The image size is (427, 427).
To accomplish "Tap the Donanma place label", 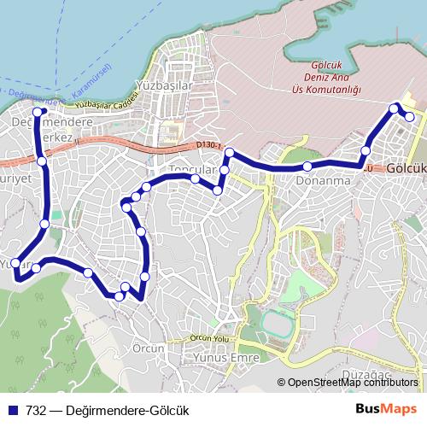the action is (x=323, y=181).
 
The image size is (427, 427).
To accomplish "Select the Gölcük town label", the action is (x=406, y=169).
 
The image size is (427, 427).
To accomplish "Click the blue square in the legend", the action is (x=13, y=409).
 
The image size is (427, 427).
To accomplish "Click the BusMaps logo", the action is (x=386, y=408).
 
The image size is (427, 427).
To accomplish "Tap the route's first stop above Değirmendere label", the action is (x=37, y=111).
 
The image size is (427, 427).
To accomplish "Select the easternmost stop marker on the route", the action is (x=410, y=117).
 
